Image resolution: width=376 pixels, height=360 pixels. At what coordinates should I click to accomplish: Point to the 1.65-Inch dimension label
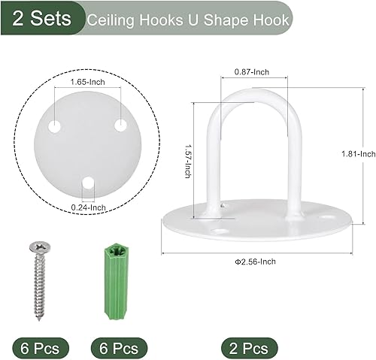point(87,81)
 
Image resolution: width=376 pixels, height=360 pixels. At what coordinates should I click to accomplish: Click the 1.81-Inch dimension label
point(357,153)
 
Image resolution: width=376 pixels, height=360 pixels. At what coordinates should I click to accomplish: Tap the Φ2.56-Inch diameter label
point(256,262)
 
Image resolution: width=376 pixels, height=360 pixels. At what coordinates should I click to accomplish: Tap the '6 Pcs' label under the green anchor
point(117,348)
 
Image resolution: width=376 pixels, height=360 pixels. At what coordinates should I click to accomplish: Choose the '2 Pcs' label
point(249,348)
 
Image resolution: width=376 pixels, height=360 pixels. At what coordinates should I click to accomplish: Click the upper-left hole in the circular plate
point(55,127)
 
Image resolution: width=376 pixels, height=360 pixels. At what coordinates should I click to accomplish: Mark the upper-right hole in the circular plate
point(120,126)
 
